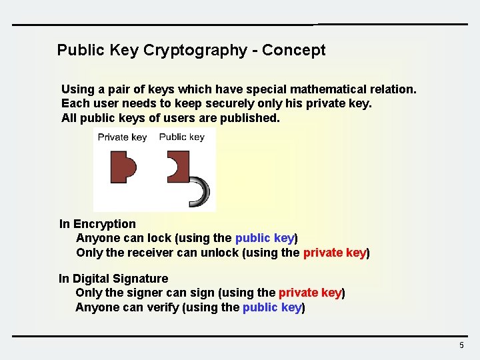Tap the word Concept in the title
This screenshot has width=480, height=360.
tap(294, 51)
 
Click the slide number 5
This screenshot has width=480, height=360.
tap(461, 345)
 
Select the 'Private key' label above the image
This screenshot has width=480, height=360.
tap(122, 137)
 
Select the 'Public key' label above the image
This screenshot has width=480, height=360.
tap(181, 137)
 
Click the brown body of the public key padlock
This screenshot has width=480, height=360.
tap(181, 167)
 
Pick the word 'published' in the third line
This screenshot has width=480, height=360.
tap(253, 118)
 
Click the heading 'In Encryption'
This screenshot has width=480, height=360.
tap(97, 224)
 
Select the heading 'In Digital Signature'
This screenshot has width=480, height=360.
tap(113, 279)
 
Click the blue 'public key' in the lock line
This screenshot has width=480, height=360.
tap(264, 238)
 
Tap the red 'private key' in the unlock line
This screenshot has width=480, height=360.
tap(334, 253)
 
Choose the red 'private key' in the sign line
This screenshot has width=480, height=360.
tap(310, 293)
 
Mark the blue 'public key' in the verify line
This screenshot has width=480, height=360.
tap(272, 307)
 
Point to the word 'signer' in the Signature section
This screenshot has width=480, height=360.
tap(141, 293)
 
